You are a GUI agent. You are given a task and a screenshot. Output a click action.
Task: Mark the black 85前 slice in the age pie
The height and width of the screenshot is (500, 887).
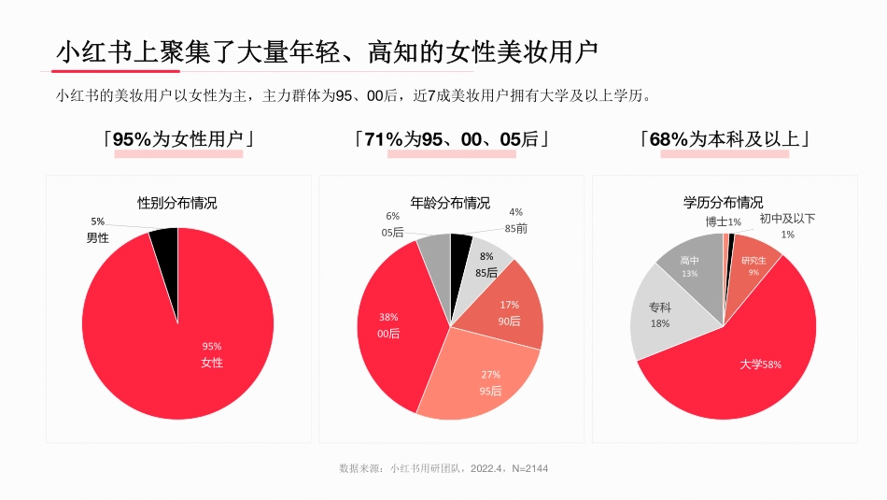(460, 245)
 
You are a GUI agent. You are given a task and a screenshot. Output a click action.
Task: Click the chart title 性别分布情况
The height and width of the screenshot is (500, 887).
(177, 202)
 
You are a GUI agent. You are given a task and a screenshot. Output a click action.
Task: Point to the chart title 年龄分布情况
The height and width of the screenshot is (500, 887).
(450, 202)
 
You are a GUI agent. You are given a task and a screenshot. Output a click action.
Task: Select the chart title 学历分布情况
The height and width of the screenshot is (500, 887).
(723, 202)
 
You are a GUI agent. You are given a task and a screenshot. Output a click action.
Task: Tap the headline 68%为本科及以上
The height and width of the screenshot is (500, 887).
(725, 139)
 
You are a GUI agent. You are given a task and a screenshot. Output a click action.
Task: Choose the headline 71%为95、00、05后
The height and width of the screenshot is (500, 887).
(451, 139)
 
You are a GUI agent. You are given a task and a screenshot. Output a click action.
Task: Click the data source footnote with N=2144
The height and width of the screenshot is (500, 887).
(443, 468)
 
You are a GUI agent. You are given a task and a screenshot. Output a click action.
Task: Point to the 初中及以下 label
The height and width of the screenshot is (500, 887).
(787, 219)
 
